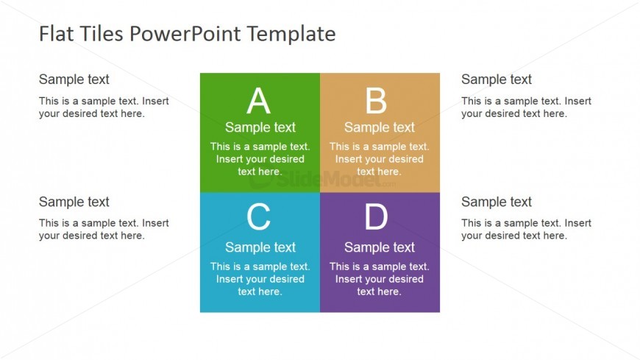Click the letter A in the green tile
click(258, 102)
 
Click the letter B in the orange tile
click(376, 102)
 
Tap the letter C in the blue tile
click(258, 218)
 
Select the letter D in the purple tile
click(376, 218)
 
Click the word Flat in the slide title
click(55, 34)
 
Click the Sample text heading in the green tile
click(260, 127)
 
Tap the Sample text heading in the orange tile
click(380, 127)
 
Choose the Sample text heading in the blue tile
click(260, 247)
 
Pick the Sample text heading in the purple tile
click(380, 247)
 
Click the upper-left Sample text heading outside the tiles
click(74, 80)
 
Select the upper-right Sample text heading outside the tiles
click(497, 80)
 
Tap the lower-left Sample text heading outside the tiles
click(74, 202)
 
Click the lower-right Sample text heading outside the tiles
click(497, 202)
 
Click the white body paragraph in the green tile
click(260, 159)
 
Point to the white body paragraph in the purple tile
click(380, 279)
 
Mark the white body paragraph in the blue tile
click(260, 279)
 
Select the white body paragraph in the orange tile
click(380, 159)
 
